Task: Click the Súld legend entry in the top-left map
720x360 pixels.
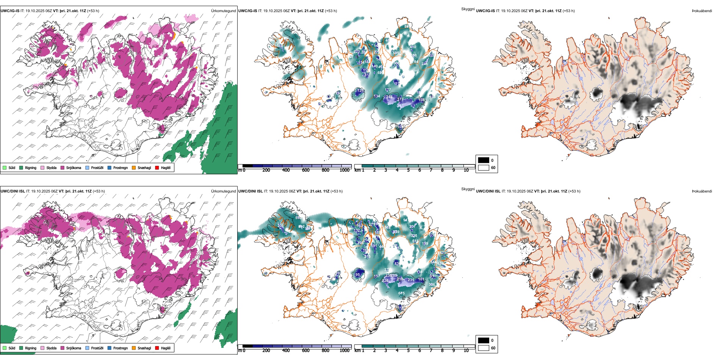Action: [x=9, y=167]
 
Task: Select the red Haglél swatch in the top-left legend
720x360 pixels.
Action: [x=157, y=167]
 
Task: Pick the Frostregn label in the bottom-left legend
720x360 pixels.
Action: [x=120, y=348]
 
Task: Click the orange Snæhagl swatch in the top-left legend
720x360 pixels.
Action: [x=134, y=167]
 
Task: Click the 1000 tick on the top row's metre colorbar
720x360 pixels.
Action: [x=344, y=170]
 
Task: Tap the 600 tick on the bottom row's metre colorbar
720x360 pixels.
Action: [x=305, y=351]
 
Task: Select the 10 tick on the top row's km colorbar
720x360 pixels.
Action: [x=466, y=170]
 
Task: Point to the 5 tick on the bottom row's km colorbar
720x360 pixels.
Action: [x=409, y=351]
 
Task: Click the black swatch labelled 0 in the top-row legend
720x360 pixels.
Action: [x=484, y=160]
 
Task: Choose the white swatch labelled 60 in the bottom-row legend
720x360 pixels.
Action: [x=484, y=348]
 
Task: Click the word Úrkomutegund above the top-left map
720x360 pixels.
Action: [x=223, y=11]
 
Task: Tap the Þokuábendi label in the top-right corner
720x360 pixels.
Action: [x=702, y=11]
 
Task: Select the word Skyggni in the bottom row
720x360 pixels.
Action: [x=468, y=189]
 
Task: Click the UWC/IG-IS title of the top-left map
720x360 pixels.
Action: [x=10, y=11]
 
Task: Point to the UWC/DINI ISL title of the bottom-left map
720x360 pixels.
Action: [x=13, y=191]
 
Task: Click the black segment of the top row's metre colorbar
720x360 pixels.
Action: [x=247, y=166]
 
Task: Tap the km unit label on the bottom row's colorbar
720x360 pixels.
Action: [x=357, y=351]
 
